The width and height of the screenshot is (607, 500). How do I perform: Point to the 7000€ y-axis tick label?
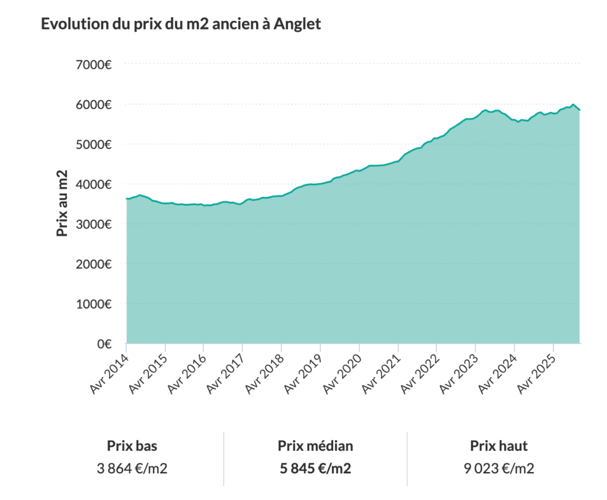click(95, 64)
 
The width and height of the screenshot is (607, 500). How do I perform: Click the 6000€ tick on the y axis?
click(95, 104)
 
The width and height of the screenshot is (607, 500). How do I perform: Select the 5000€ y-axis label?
click(95, 144)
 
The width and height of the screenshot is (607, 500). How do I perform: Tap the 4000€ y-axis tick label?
click(95, 184)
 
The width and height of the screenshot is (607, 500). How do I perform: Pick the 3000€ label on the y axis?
click(95, 224)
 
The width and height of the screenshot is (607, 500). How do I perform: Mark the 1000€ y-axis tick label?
click(95, 304)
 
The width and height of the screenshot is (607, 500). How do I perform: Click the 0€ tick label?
click(104, 344)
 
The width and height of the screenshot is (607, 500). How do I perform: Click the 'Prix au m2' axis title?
click(63, 203)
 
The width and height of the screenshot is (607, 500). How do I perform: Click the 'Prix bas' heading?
click(132, 446)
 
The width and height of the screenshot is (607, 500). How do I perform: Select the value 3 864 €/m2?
click(132, 469)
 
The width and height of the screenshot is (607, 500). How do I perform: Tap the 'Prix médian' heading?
click(315, 446)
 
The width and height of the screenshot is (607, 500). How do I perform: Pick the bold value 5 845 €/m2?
click(315, 469)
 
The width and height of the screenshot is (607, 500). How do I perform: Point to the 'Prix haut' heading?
click(499, 446)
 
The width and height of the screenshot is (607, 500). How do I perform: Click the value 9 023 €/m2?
click(499, 469)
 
